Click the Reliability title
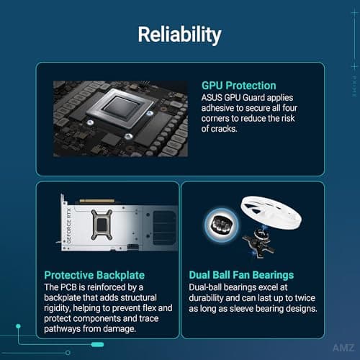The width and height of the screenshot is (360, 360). tap(179, 35)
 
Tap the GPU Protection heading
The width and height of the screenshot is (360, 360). tap(239, 86)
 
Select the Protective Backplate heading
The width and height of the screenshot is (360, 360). tap(94, 275)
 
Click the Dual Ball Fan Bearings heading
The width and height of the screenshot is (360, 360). tap(241, 275)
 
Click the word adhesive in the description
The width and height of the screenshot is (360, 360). tap(217, 108)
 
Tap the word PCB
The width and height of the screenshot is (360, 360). tap(68, 287)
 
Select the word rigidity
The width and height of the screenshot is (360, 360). tap(57, 308)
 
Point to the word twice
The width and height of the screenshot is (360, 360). tap(305, 298)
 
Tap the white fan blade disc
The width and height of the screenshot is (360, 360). tap(271, 212)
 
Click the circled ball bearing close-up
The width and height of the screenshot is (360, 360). tap(222, 225)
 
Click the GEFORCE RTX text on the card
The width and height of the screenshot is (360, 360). tap(69, 226)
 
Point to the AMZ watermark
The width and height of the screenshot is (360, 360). tap(343, 348)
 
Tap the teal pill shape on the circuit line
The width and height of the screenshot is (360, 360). tap(97, 345)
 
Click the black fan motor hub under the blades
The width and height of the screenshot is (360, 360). tap(259, 243)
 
